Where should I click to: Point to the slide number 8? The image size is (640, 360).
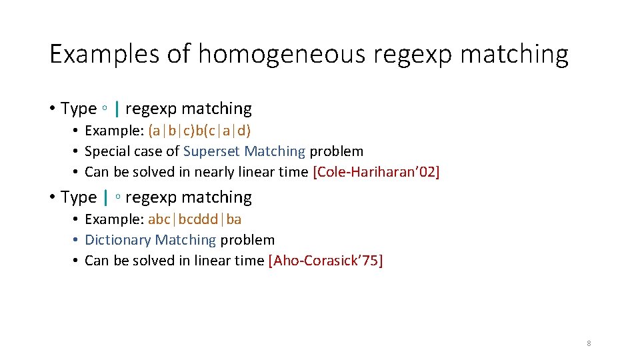point(589,343)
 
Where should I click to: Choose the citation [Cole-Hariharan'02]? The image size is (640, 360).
point(376,172)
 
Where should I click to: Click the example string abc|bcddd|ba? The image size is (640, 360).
point(195,219)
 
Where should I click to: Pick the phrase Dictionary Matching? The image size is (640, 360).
point(151,239)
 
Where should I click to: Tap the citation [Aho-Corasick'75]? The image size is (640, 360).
point(325,261)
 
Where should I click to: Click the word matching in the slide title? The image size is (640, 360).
point(514,54)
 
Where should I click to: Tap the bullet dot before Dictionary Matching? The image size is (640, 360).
point(77,240)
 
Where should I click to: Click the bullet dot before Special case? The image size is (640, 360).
point(77,152)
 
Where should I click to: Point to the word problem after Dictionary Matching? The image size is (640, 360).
point(247,239)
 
